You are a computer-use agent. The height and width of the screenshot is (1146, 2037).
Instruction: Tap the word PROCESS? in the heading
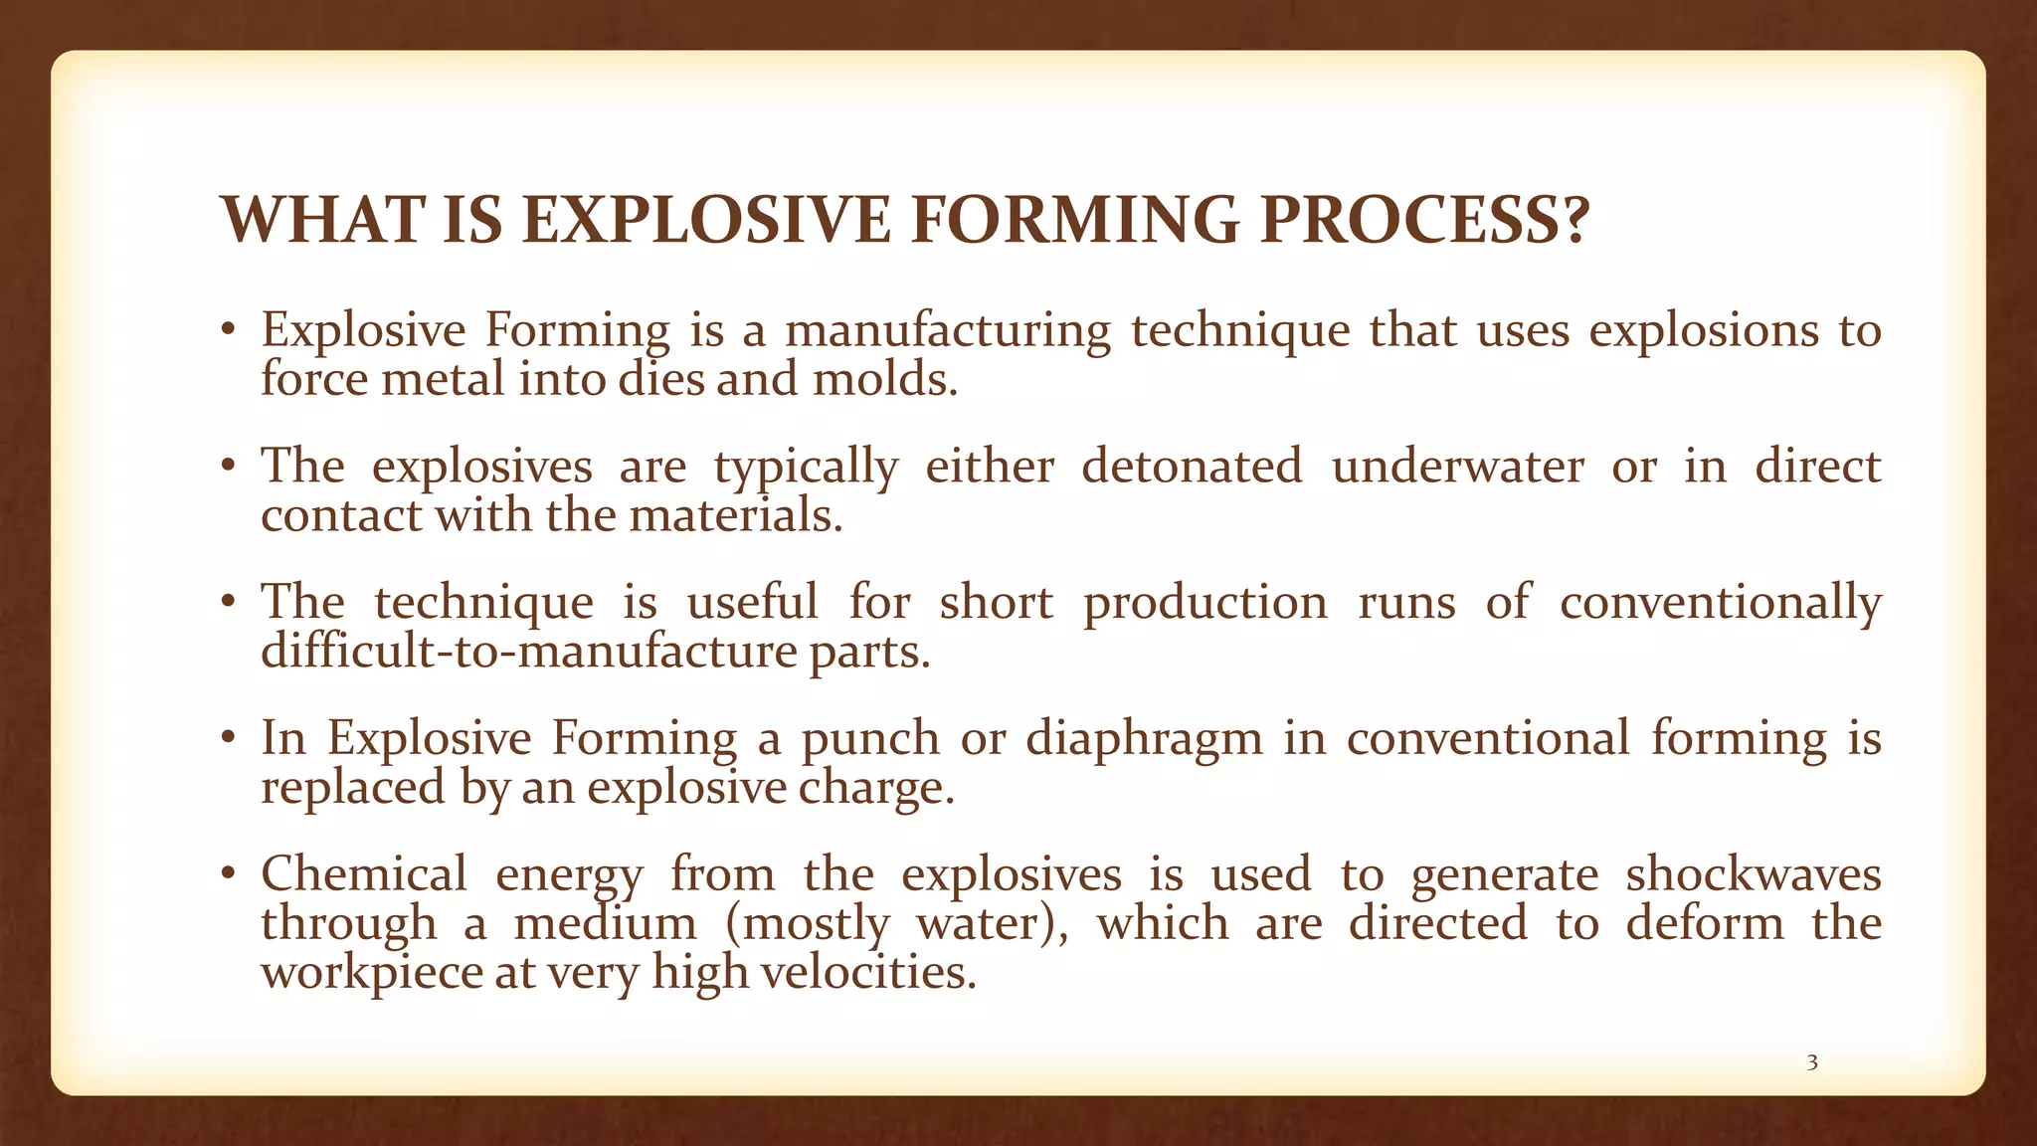[x=1425, y=220]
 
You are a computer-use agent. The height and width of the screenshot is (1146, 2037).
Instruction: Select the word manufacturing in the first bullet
[x=947, y=330]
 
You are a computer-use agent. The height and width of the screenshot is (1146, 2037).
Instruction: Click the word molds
[x=884, y=379]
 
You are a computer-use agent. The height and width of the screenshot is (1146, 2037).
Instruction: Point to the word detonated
[x=1192, y=466]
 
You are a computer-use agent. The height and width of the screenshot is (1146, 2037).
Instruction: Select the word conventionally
[x=1720, y=603]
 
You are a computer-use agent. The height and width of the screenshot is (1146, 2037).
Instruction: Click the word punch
[x=870, y=738]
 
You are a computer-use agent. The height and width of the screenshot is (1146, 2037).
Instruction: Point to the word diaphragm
[x=1144, y=740]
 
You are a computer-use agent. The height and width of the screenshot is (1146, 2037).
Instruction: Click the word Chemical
[x=364, y=874]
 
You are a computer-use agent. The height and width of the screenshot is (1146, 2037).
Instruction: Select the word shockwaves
[x=1754, y=874]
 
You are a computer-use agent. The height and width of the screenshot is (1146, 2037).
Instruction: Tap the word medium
[x=605, y=923]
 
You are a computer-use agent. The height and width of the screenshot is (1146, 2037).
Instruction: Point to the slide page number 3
[x=1812, y=1062]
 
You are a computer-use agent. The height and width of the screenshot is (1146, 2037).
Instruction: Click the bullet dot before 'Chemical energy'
[x=229, y=874]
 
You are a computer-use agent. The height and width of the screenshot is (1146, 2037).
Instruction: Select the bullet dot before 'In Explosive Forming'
[x=229, y=738]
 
